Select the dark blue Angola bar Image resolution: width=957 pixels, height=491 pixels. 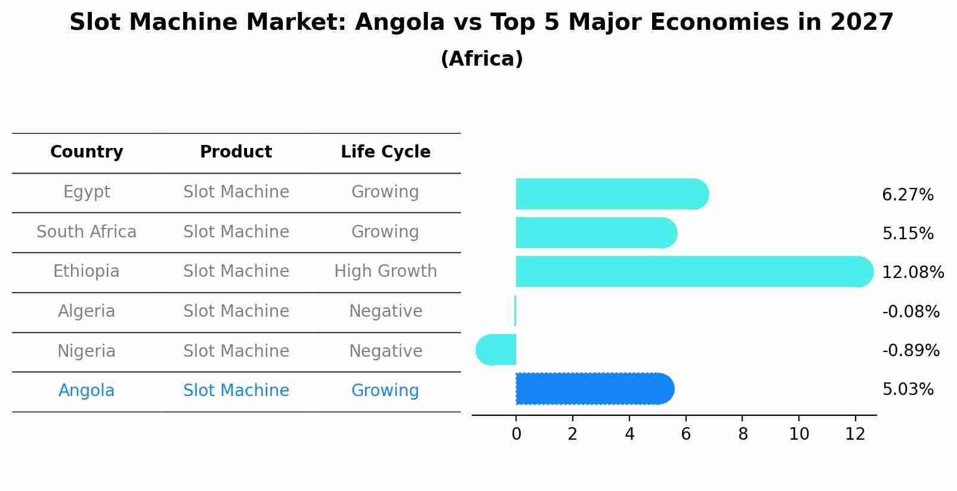594,389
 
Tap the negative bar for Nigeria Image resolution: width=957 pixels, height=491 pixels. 496,350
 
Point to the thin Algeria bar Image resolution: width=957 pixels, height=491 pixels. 515,311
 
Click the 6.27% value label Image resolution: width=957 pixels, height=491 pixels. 907,195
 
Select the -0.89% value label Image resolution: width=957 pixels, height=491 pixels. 910,351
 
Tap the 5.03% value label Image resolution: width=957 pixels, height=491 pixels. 907,390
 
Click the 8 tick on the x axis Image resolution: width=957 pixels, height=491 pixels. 743,434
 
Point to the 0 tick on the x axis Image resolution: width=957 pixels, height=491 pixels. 517,434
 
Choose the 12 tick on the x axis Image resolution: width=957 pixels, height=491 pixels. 855,434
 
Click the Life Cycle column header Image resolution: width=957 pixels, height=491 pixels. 385,152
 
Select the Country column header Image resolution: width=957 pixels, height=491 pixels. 87,152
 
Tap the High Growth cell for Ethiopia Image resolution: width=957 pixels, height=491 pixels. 385,271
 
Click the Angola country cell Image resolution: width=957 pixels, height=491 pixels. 87,391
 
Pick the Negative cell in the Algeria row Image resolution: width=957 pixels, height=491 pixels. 385,311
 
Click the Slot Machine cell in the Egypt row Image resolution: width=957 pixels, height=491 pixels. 236,192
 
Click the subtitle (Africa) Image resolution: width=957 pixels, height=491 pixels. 481,59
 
